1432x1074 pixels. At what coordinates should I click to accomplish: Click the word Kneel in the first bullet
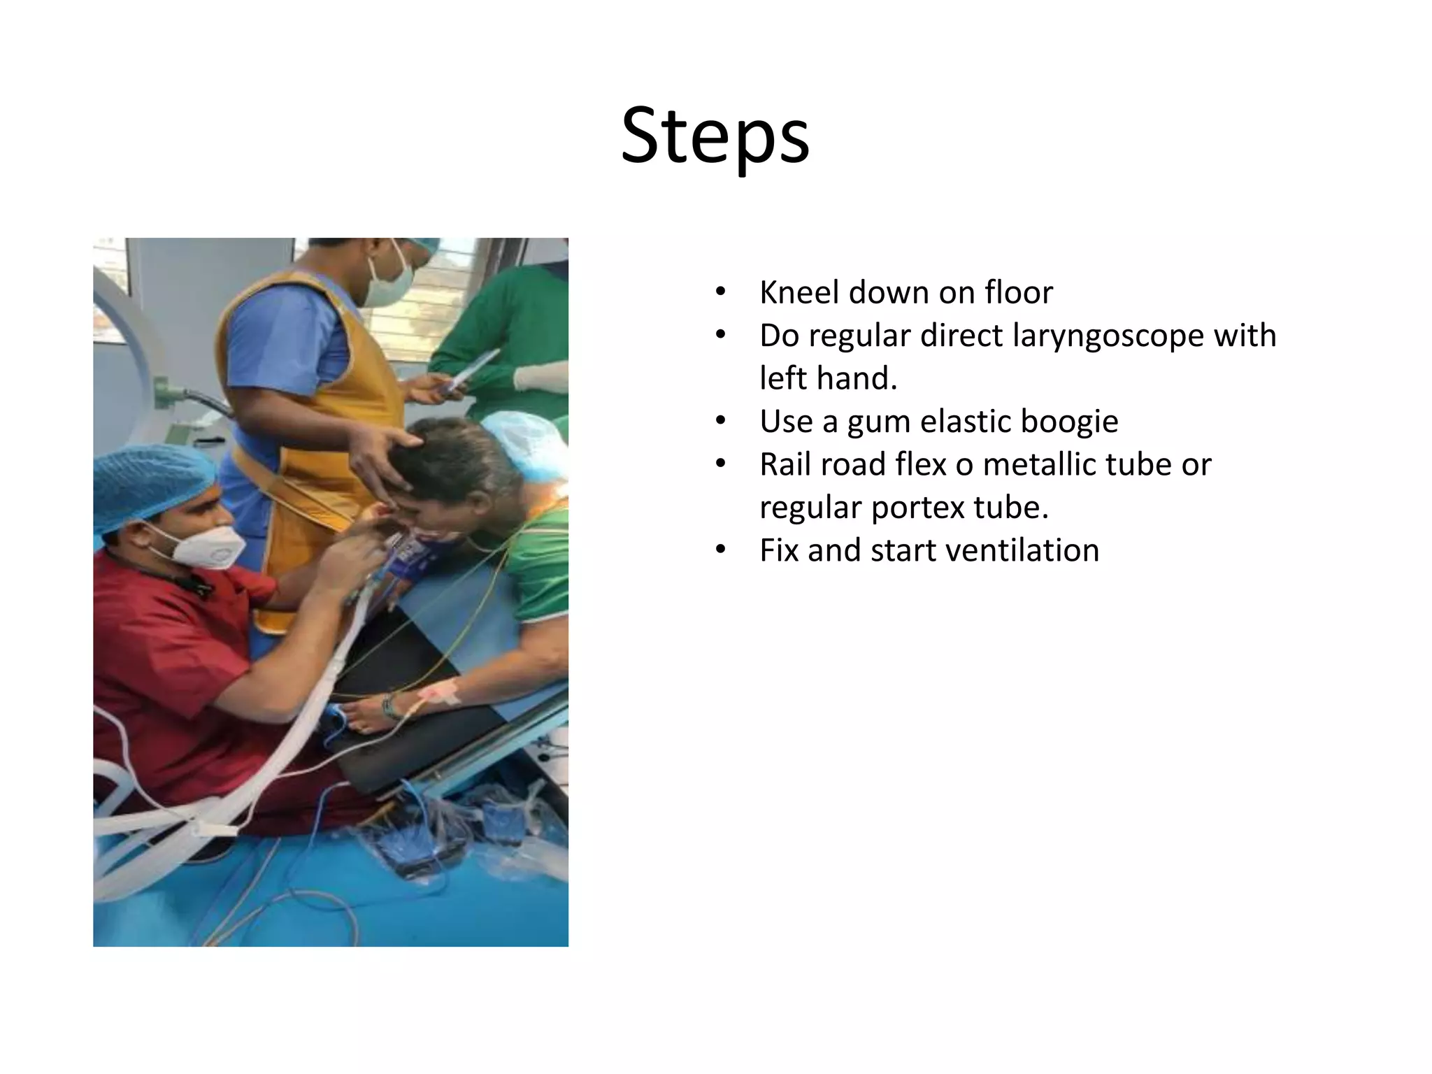[799, 292]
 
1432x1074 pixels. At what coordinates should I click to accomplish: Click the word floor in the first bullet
[1018, 292]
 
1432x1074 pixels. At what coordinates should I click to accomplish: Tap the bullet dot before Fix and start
[721, 550]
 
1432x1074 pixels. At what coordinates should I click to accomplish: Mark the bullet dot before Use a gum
[721, 421]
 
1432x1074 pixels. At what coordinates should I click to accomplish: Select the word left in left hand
[783, 378]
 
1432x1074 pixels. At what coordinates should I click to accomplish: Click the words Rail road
[817, 464]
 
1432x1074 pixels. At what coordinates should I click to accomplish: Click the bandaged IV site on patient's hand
[441, 692]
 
